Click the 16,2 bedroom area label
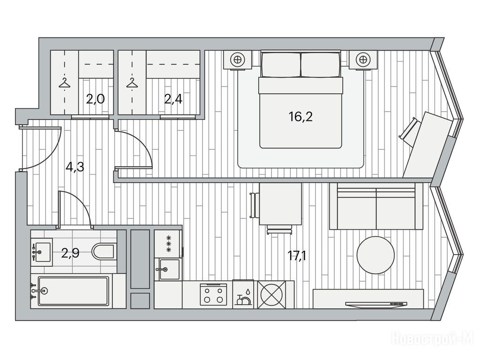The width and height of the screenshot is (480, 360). (x=300, y=116)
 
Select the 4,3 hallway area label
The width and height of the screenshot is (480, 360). (x=75, y=167)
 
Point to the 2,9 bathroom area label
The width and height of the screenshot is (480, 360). (x=70, y=253)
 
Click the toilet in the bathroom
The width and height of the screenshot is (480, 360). (x=104, y=252)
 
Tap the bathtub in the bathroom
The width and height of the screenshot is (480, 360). (x=73, y=291)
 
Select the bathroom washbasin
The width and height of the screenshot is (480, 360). (x=42, y=252)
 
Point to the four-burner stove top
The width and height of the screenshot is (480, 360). (x=214, y=295)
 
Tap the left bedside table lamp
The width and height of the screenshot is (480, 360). (x=238, y=60)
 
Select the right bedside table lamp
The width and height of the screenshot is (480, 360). (x=363, y=60)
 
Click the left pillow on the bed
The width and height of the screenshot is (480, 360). (x=280, y=65)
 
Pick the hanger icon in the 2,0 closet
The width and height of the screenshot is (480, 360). (x=64, y=82)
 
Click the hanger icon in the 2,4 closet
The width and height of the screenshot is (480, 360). (x=133, y=82)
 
